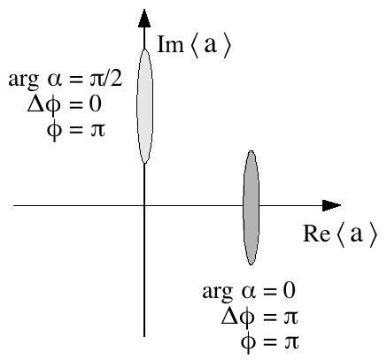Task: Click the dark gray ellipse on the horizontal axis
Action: pos(252,207)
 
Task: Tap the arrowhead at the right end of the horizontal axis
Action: pos(331,206)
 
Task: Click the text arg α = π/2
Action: pos(67,83)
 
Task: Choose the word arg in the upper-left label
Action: pos(22,84)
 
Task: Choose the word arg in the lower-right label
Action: pos(216,291)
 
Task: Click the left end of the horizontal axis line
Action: pos(15,206)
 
